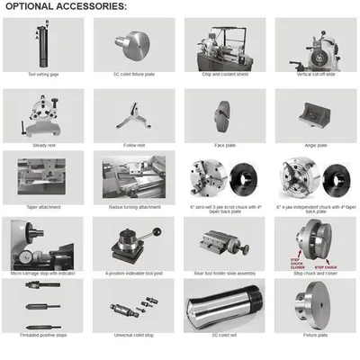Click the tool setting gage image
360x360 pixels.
tap(43, 44)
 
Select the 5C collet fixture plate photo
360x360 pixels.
tap(134, 44)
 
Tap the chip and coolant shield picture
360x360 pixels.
tap(225, 44)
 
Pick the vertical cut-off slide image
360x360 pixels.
tap(315, 44)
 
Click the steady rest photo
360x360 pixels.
tap(43, 113)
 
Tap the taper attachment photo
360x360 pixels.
tap(43, 175)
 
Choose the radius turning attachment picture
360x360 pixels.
tap(134, 175)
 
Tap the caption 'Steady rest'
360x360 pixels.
tap(43, 145)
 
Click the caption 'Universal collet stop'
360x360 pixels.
tap(134, 335)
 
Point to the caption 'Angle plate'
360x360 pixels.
tap(315, 145)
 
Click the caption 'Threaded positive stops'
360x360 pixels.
tap(43, 335)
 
